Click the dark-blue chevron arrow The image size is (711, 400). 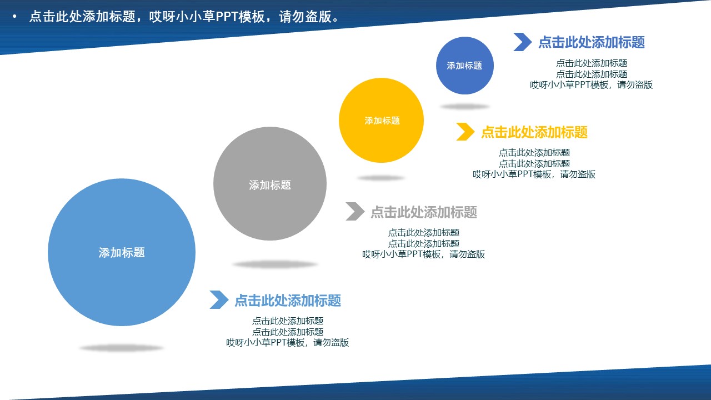(522, 42)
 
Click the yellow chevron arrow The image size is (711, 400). (465, 132)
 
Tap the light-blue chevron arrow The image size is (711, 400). (219, 300)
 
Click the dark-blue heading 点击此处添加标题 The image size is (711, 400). (591, 42)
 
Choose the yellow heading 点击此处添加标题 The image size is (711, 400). (534, 132)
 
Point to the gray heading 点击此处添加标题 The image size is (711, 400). (423, 212)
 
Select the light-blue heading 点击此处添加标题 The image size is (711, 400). (287, 301)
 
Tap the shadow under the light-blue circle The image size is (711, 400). (121, 348)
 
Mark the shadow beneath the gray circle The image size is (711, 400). (275, 265)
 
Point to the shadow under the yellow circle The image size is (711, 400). (381, 178)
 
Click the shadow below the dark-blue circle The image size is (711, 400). (465, 107)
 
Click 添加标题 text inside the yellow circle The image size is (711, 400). (382, 121)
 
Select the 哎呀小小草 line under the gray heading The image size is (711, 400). (423, 254)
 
